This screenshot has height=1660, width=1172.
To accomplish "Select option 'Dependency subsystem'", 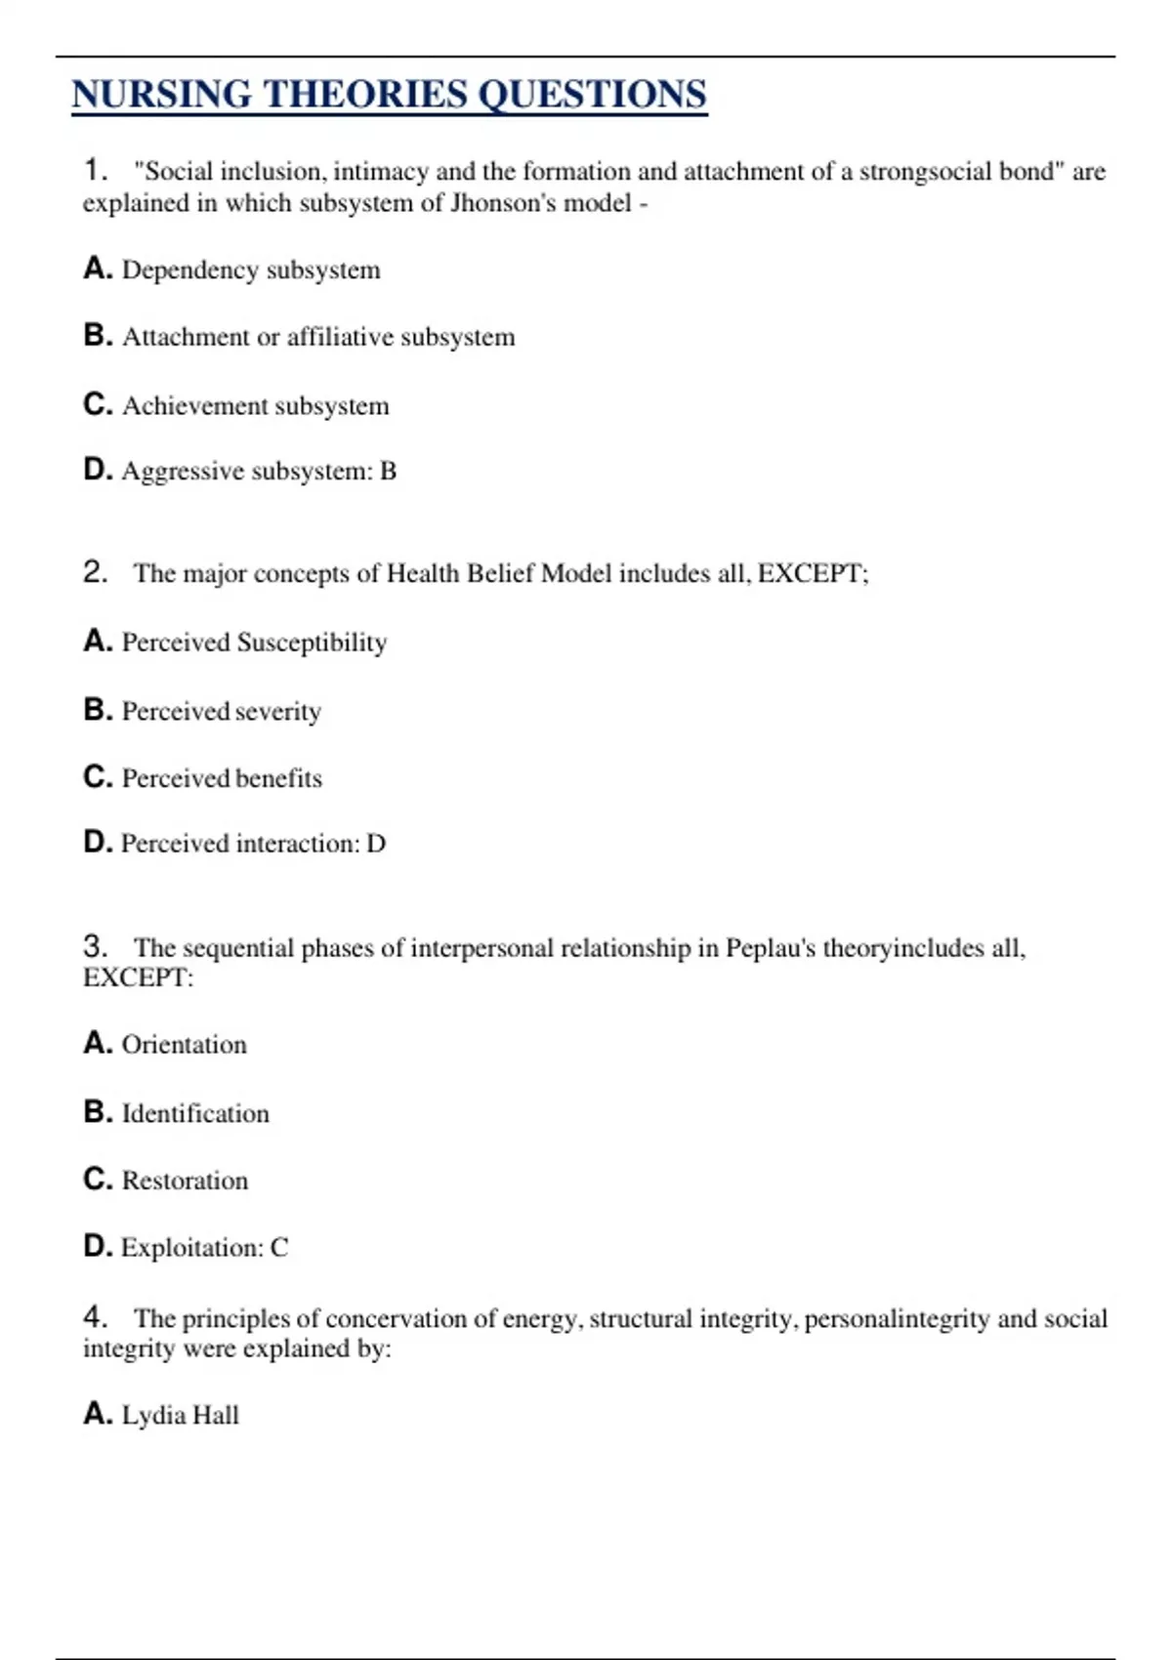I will [x=250, y=270].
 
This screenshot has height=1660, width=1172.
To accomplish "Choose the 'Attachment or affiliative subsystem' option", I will [x=317, y=337].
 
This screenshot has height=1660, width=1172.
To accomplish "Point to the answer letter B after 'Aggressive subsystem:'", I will [x=388, y=472].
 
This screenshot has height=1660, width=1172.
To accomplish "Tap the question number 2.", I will [x=94, y=571].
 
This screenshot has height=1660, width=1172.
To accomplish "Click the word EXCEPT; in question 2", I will [x=813, y=573].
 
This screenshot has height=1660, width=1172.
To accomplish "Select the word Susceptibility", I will [x=312, y=643].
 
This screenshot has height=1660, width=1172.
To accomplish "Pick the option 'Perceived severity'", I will [x=221, y=711].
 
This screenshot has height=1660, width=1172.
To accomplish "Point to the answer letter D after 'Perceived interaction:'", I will [x=376, y=844].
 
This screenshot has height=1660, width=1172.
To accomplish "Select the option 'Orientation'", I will [x=184, y=1045].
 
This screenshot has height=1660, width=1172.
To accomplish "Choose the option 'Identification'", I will [x=194, y=1113].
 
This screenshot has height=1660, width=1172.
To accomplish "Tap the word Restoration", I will [x=185, y=1181].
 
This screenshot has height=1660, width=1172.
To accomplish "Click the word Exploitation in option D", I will [x=189, y=1248].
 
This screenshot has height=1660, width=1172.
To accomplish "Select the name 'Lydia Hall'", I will [x=180, y=1415].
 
